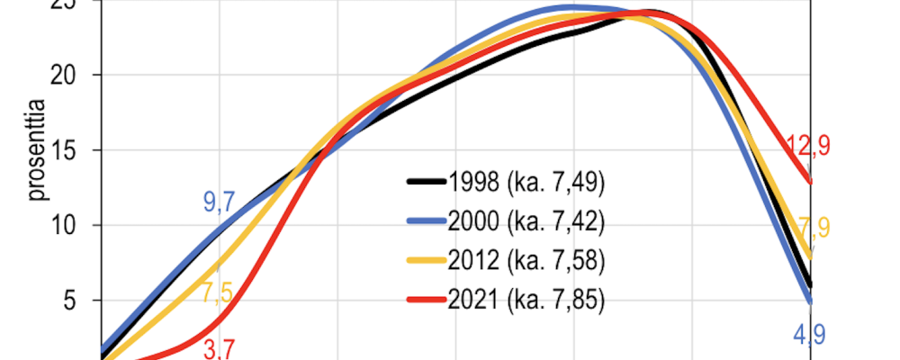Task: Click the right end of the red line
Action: click(812, 182)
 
